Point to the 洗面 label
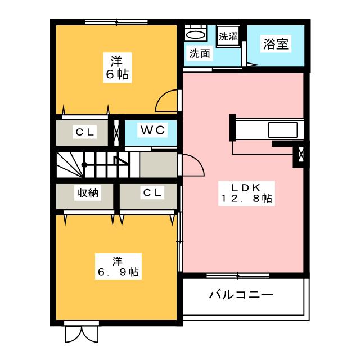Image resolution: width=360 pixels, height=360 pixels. [199, 55]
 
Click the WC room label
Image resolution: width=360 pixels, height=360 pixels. [151, 130]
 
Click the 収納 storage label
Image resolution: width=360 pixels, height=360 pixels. [88, 193]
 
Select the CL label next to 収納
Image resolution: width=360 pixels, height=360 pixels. [151, 193]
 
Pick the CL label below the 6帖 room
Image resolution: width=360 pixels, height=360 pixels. [86, 132]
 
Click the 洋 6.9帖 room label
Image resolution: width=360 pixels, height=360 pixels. [116, 267]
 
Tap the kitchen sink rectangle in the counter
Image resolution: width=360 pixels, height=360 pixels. [285, 129]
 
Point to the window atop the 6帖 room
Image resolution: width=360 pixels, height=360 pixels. [116, 22]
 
